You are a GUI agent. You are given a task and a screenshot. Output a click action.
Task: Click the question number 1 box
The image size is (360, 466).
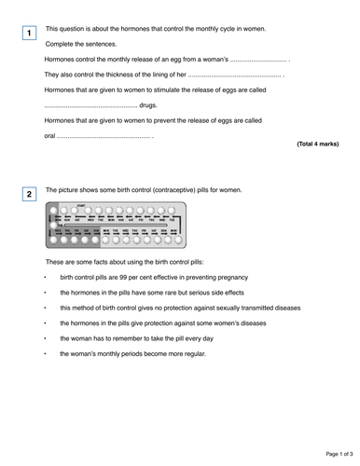30,34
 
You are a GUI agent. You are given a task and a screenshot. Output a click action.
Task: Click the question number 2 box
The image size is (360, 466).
30,195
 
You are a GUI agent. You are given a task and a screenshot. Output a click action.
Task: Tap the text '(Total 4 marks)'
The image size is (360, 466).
317,145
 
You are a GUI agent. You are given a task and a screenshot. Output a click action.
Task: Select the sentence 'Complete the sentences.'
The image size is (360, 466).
81,44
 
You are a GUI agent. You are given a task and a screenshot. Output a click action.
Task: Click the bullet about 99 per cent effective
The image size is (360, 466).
154,277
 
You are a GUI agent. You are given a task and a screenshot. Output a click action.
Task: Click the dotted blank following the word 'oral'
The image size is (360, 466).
103,136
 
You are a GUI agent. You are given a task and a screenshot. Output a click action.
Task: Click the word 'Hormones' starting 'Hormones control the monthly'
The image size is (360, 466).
62,59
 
